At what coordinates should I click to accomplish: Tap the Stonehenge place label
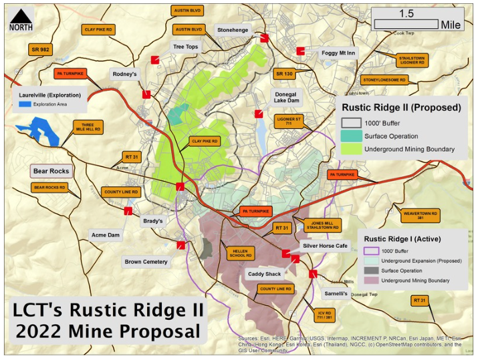click(233, 30)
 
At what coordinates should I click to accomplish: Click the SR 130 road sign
click(284, 73)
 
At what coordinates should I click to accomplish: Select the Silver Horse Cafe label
click(326, 246)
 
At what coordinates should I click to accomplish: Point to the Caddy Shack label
click(265, 274)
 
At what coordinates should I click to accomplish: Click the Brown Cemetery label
click(146, 262)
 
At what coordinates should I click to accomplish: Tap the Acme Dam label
click(105, 235)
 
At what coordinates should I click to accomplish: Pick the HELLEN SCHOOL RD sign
click(241, 253)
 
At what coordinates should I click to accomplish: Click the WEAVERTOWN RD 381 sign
click(420, 215)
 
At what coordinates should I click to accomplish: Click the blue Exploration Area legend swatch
click(25, 104)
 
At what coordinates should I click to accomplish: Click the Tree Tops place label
click(186, 47)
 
